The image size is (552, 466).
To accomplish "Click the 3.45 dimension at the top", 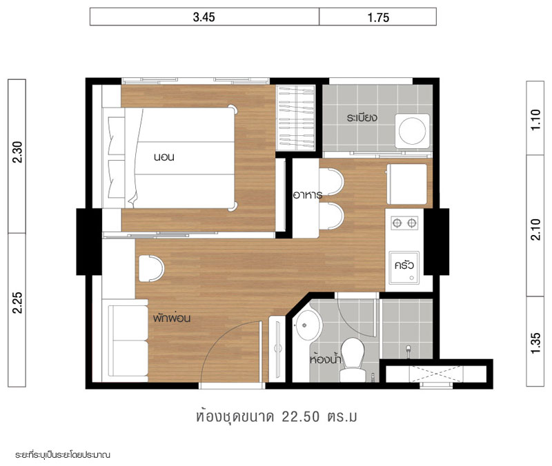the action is tap(204, 17).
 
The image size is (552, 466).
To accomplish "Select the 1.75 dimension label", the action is tap(378, 18).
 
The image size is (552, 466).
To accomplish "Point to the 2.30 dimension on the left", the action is tap(17, 152).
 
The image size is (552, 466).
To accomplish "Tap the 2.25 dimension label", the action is tap(17, 303).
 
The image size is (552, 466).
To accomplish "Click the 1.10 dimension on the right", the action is tap(535, 120).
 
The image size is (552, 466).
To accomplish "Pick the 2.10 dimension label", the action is tap(535, 230).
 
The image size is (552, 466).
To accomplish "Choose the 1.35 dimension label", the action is tap(535, 343).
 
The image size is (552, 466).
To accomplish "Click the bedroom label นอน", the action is tap(164, 157).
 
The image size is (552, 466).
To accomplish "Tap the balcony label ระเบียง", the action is tap(362, 117).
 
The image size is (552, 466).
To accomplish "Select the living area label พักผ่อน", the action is tap(172, 318).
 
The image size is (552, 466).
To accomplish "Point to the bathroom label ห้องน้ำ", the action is tap(326, 358).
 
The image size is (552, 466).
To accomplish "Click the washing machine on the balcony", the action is tap(412, 131).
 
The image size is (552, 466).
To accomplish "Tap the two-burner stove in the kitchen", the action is tap(404, 223).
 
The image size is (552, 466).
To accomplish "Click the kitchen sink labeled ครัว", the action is tap(404, 267).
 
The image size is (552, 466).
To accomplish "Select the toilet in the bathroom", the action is tap(353, 359).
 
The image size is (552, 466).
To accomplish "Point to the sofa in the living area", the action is tap(128, 341).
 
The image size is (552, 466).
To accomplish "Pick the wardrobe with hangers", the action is tap(296, 118).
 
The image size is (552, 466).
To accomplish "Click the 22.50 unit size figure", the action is tap(301, 417).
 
